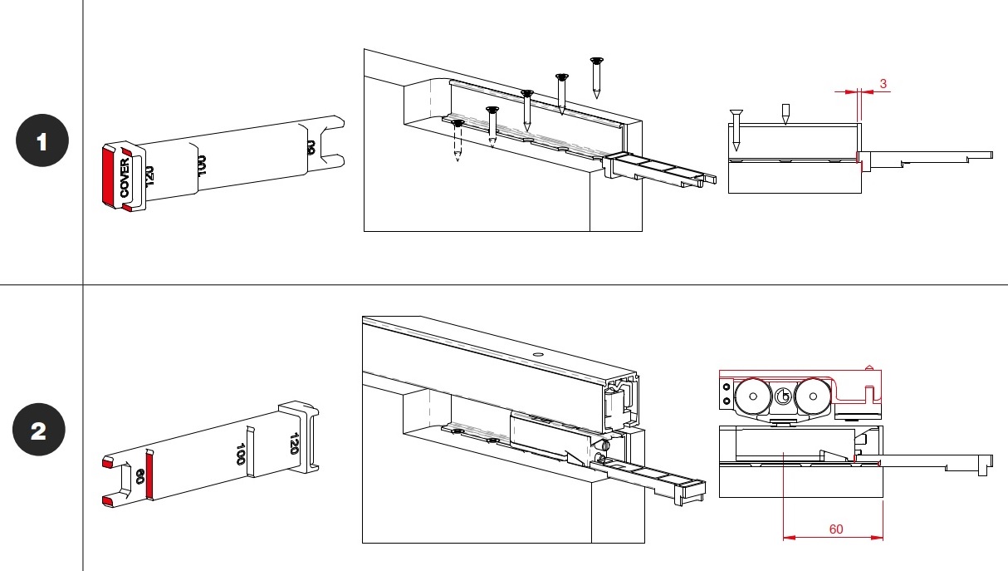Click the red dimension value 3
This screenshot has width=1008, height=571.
pyautogui.click(x=883, y=83)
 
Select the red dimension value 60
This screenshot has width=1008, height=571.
pyautogui.click(x=835, y=529)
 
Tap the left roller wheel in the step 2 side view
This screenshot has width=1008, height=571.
pyautogui.click(x=752, y=397)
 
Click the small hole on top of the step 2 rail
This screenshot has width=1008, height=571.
pyautogui.click(x=537, y=356)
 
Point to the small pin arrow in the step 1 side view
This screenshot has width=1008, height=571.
pyautogui.click(x=785, y=115)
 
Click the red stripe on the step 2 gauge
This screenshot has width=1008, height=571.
pyautogui.click(x=150, y=476)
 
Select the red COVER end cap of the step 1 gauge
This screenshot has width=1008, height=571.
pyautogui.click(x=110, y=176)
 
